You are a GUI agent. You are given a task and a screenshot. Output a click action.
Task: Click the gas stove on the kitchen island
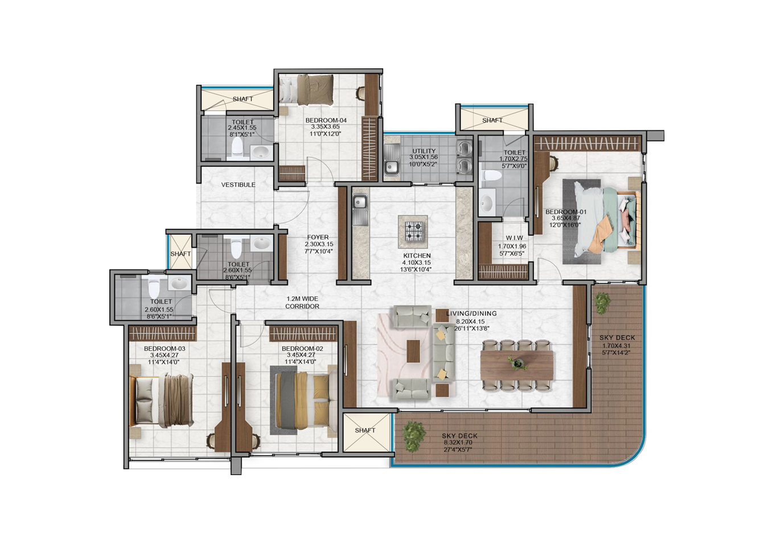pos(413,231)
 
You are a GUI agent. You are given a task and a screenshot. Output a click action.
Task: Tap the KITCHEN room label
pos(417,256)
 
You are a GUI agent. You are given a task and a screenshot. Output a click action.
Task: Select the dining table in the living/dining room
pos(517,365)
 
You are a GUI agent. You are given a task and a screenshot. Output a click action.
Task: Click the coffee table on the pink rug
pos(413,351)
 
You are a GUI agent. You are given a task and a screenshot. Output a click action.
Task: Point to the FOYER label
pos(318,237)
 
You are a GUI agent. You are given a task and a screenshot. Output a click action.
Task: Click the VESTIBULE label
pos(238,185)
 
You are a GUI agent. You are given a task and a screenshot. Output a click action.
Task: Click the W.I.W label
pos(514,238)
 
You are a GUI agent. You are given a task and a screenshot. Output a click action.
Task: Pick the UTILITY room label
pos(424,151)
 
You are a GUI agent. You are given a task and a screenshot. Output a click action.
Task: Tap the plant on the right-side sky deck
pos(602,302)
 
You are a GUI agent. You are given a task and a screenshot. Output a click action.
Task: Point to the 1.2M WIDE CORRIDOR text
pos(302,302)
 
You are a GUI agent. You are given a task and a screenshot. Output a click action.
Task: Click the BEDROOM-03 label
pos(165,349)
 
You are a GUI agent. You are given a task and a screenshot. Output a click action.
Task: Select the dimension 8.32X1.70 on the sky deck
pos(458,443)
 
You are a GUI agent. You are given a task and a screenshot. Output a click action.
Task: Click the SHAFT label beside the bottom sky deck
pos(365,430)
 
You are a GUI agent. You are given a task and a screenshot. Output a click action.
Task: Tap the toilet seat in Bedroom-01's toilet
pos(490,175)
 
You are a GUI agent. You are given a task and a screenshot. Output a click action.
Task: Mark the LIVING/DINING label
pos(471,313)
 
